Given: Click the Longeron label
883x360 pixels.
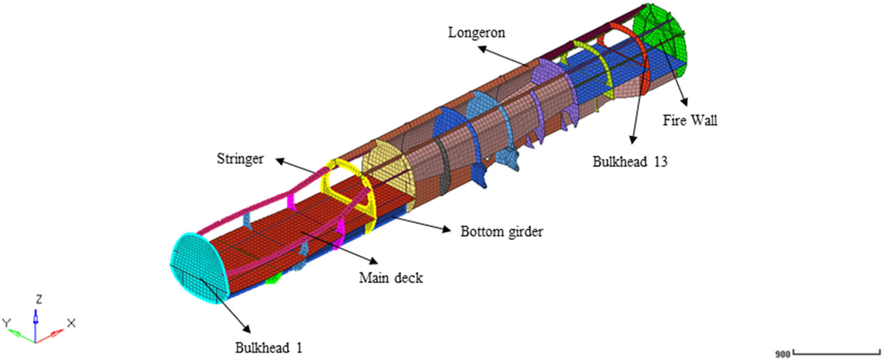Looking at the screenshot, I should coord(476,33).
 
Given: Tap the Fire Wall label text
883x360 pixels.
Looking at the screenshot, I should coord(690,120).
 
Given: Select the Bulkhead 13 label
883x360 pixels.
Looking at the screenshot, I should coord(630,162).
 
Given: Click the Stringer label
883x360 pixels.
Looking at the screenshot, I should coord(240,158).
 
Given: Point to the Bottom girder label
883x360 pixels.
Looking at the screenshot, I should coord(501,231).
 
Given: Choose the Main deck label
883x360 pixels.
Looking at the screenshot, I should coord(391,278).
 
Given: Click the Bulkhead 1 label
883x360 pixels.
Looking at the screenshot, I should coord(268,347).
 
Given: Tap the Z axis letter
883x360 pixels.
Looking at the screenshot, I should coord(39,300).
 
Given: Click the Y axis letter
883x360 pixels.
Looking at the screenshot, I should coord(7,324).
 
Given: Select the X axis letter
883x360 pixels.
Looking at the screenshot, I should coord(71,323).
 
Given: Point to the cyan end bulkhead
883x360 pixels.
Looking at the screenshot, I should coord(198,266).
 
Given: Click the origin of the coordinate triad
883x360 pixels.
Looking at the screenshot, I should coord(35,342).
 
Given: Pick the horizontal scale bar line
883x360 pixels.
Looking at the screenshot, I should coord(834,354).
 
